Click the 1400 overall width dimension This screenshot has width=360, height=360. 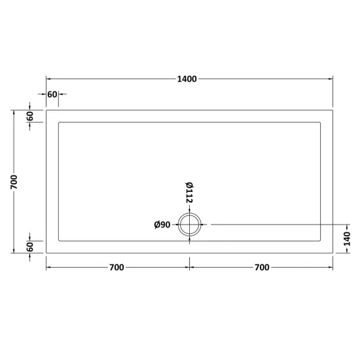pos(187,79)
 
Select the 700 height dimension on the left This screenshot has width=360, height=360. pos(14,182)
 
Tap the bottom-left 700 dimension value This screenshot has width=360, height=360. pos(117,268)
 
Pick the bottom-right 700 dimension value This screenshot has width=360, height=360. pos(262,268)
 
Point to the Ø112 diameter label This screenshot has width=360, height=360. pos(189,192)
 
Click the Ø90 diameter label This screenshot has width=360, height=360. pos(162,225)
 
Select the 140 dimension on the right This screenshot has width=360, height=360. pos(347,239)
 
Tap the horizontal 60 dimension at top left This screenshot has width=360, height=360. pos(52,94)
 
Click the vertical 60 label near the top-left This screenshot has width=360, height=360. pos(30,116)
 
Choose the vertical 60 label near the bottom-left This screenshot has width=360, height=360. pos(30,247)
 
